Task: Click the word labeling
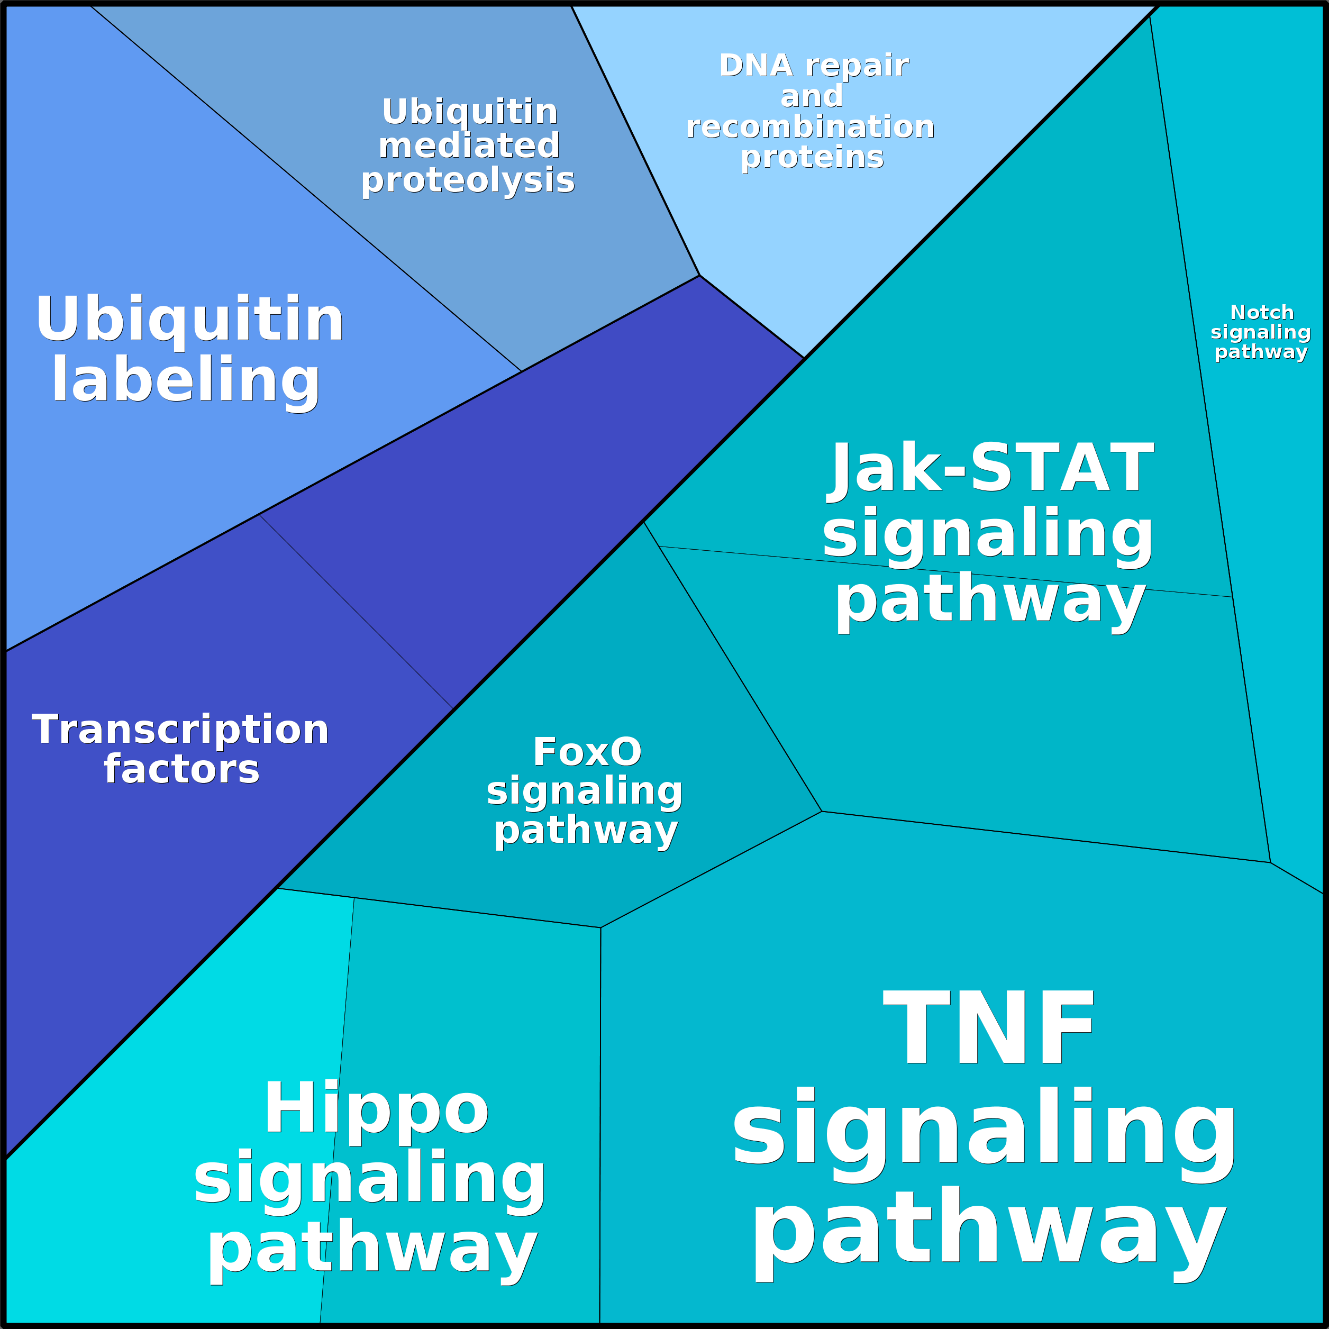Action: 186,380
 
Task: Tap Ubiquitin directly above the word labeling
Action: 189,318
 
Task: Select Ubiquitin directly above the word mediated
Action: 469,112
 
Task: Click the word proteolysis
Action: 468,180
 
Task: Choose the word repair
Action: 857,66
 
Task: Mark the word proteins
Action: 813,158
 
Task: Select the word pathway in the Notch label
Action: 1261,352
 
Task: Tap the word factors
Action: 181,769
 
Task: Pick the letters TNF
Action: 988,1029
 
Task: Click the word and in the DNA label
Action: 812,96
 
